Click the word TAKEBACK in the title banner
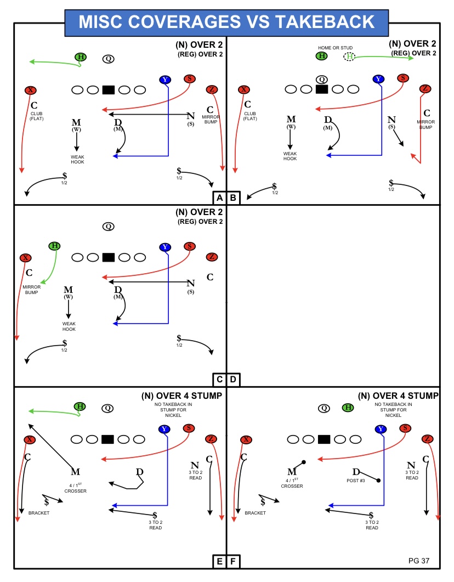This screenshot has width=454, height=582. (325, 22)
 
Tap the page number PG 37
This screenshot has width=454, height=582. (419, 561)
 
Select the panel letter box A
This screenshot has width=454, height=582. (219, 198)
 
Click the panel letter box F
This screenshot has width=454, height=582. (233, 561)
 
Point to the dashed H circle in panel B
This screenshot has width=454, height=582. (349, 56)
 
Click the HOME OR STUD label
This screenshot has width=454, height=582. (336, 48)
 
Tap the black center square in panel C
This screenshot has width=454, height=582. (109, 257)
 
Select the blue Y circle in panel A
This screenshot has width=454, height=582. (165, 80)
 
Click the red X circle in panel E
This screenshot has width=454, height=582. (30, 440)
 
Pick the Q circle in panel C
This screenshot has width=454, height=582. (109, 227)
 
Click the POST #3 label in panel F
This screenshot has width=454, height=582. (356, 481)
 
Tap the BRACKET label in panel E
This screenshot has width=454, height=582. (39, 513)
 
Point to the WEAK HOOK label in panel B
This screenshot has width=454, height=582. (290, 156)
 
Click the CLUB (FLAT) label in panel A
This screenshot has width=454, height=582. (37, 116)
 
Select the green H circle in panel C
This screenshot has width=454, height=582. (55, 246)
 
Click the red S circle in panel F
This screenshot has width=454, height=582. (405, 428)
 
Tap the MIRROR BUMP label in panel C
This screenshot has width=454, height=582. (32, 290)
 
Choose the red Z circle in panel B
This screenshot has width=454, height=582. (425, 88)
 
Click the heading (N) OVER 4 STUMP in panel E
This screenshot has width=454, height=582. (181, 395)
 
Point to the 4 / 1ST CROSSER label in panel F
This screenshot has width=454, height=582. (292, 483)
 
